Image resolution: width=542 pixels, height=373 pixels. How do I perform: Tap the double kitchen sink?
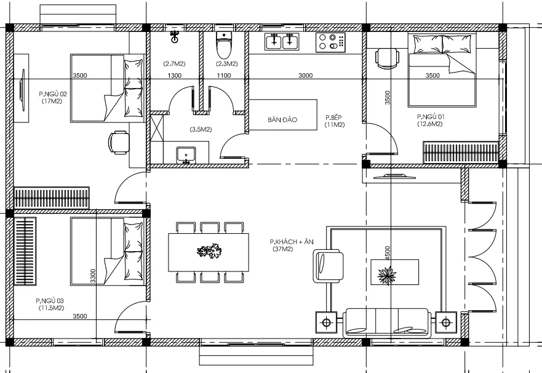click(x=282, y=41)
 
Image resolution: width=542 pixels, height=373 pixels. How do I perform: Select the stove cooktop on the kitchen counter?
click(x=330, y=42)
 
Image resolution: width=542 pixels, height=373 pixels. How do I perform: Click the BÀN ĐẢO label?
click(x=282, y=120)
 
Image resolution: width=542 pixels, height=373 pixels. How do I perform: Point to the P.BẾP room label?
click(x=333, y=118)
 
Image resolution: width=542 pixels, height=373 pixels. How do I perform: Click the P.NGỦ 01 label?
click(x=431, y=117)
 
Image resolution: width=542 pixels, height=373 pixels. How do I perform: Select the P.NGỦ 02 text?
click(x=53, y=94)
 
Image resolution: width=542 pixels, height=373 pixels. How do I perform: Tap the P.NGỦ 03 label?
click(x=50, y=301)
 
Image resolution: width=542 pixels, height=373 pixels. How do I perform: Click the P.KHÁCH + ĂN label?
click(x=292, y=242)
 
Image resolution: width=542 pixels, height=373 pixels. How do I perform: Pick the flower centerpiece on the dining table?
click(x=209, y=251)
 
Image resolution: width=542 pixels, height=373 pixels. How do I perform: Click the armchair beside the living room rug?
click(x=328, y=266)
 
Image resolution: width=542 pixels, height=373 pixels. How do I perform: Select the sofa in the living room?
click(x=387, y=323)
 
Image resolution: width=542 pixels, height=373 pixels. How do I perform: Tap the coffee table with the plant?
click(x=394, y=272)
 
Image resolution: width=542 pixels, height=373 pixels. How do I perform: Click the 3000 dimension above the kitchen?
click(x=306, y=75)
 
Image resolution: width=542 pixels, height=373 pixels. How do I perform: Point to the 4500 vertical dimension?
click(x=387, y=253)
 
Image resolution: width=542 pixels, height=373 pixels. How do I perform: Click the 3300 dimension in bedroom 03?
click(x=93, y=276)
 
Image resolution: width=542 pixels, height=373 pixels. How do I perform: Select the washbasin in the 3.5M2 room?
click(x=186, y=155)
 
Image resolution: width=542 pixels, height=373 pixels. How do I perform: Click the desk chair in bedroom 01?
click(x=388, y=58)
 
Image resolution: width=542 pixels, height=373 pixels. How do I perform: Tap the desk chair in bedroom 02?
click(x=119, y=142)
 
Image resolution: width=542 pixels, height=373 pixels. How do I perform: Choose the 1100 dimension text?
click(x=224, y=75)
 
